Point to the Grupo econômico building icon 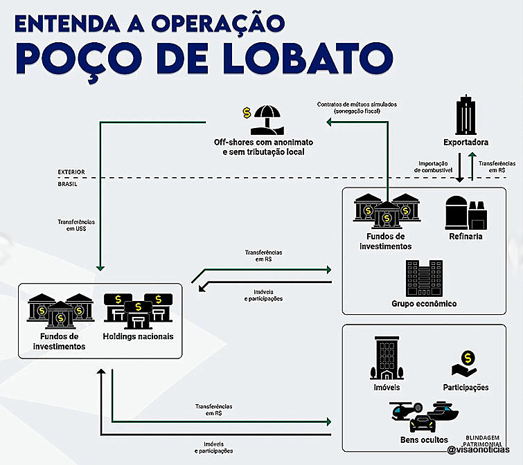(x=424, y=278)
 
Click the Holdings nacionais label (x=138, y=336)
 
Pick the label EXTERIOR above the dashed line (x=71, y=172)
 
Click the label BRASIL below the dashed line (x=68, y=185)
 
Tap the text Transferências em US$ (x=76, y=226)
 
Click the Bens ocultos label (x=424, y=439)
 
